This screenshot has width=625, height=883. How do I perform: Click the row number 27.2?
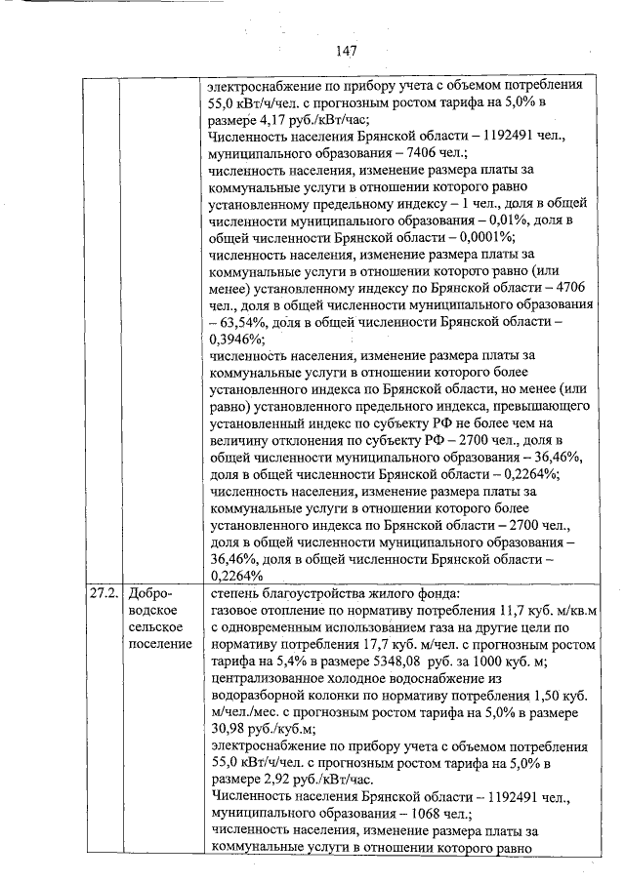coord(102,592)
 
